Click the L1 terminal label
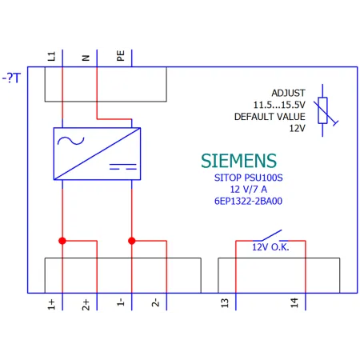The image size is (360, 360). tap(51, 56)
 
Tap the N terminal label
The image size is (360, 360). tap(86, 58)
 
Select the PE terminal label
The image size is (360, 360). tap(121, 56)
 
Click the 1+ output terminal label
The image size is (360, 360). tap(51, 304)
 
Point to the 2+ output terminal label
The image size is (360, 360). tap(86, 305)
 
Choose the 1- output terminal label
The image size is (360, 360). tap(121, 302)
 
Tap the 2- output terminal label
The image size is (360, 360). tap(155, 302)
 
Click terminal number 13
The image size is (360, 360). tap(225, 303)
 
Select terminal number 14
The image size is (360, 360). tap(294, 303)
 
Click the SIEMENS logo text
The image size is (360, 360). tap(238, 161)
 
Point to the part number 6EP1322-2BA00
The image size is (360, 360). tap(248, 201)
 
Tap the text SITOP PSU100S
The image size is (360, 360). tap(248, 178)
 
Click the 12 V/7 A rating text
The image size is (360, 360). tap(248, 190)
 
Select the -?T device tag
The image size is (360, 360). tap(11, 78)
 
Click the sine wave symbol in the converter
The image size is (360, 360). tap(71, 141)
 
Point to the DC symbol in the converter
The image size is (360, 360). tap(123, 166)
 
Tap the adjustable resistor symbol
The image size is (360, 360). tap(323, 110)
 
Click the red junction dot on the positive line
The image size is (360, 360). tap(62, 241)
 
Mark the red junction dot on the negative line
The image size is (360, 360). tap(132, 241)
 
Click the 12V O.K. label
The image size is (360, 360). tap(270, 247)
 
